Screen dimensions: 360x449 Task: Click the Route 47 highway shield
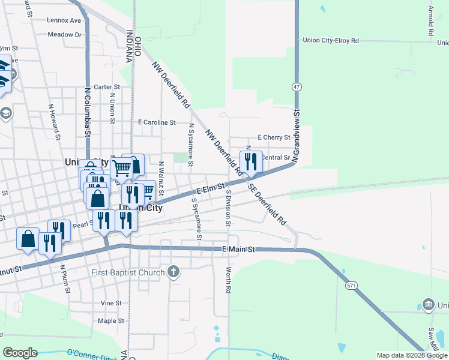pos(296,87)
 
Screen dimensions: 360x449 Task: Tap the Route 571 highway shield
pos(351,286)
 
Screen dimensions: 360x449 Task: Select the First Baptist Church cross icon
pos(173,272)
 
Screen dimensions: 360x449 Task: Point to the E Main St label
pos(239,248)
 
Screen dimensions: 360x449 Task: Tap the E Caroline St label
pos(157,122)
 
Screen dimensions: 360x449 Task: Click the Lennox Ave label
pos(64,20)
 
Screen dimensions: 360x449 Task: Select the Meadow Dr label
pos(64,35)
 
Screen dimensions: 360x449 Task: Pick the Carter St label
pos(107,87)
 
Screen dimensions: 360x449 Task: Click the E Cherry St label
pos(274,137)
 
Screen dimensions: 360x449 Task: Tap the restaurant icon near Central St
pos(251,161)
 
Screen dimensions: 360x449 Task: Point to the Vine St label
pos(112,303)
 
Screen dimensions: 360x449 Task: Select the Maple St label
pos(110,321)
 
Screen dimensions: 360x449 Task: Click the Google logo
pos(20,353)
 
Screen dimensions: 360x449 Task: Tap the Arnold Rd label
pos(431,20)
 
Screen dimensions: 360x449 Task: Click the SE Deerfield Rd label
pos(268,203)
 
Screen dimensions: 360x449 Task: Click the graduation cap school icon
pos(6,113)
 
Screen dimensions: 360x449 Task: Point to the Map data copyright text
pos(411,355)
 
